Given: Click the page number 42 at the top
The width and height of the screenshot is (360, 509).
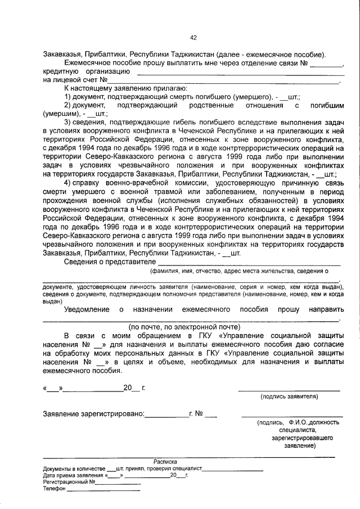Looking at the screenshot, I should pyautogui.click(x=193, y=38).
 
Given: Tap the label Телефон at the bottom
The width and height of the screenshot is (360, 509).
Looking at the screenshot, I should pyautogui.click(x=54, y=488).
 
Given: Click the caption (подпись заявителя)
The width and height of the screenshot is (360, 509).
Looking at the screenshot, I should pyautogui.click(x=289, y=397).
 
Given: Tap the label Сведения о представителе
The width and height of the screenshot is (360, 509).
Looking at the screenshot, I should pyautogui.click(x=110, y=261).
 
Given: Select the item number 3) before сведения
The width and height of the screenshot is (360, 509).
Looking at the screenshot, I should pyautogui.click(x=67, y=122).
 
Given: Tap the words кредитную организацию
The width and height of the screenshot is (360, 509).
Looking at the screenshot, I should pyautogui.click(x=87, y=71).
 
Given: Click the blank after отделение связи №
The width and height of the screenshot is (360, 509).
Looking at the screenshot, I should pyautogui.click(x=326, y=63).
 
